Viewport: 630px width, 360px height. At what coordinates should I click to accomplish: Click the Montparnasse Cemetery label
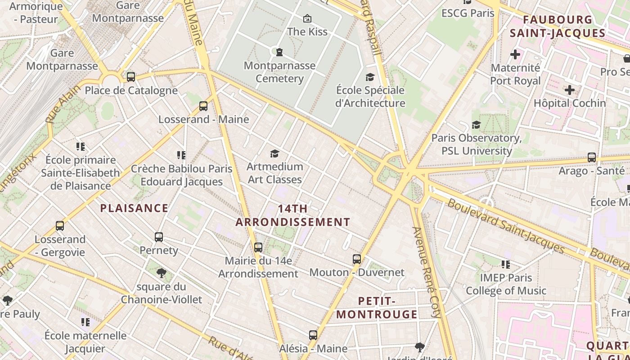click(279, 72)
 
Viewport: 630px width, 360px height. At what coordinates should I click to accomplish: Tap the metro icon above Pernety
click(158, 237)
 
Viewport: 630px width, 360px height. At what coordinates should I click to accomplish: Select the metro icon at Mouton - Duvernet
click(357, 259)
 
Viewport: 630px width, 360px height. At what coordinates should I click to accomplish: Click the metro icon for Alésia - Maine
click(313, 335)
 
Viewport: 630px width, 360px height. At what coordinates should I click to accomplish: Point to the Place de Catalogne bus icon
click(131, 77)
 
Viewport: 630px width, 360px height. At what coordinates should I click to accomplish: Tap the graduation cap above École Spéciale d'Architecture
click(370, 77)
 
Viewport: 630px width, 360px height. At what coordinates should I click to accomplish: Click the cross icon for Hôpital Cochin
click(570, 90)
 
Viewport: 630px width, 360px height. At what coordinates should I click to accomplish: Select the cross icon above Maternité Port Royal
click(515, 55)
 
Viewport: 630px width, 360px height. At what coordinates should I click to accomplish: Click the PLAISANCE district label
click(134, 208)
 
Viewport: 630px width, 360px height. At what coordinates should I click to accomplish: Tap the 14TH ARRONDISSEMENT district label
click(293, 216)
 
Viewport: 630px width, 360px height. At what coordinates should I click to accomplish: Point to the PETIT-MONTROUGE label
click(377, 308)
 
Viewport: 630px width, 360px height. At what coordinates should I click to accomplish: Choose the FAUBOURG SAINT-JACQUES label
click(558, 27)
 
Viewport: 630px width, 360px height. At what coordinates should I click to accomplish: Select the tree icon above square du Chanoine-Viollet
click(161, 273)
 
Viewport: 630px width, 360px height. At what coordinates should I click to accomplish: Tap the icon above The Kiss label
click(307, 18)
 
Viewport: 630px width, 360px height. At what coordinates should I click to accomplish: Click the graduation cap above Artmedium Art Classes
click(274, 154)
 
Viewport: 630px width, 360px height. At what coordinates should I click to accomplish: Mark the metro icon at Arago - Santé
click(592, 157)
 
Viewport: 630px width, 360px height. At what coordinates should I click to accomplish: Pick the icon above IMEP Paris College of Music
click(506, 265)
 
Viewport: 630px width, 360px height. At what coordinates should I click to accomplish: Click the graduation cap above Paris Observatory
click(476, 125)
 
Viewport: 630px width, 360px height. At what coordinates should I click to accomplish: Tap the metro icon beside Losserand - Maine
click(203, 106)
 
